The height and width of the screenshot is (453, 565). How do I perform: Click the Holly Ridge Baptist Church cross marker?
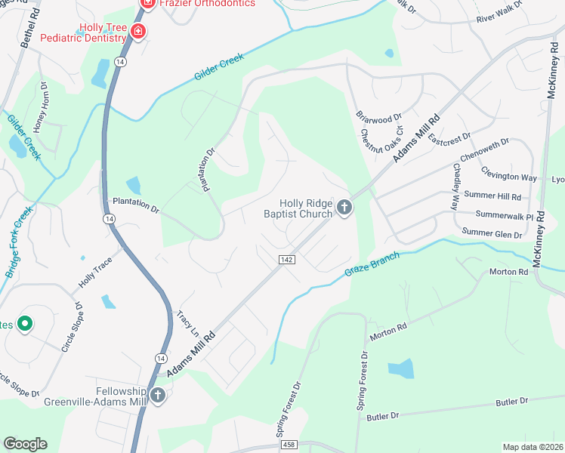(344, 208)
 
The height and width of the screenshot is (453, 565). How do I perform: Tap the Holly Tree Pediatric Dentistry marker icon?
(137, 32)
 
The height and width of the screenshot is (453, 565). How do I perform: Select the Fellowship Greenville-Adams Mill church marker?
(158, 396)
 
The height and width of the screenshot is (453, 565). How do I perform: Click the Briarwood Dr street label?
(379, 119)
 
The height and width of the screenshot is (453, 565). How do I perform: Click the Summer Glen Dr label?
(492, 234)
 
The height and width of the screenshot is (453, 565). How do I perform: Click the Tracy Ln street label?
(187, 323)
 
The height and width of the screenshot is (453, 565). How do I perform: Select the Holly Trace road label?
(95, 274)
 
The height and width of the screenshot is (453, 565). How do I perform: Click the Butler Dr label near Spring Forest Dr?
(382, 416)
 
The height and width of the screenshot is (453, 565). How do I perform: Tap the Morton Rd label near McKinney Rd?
(508, 272)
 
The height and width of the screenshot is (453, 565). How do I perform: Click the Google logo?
(25, 444)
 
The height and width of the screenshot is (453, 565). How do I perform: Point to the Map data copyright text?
(533, 447)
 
